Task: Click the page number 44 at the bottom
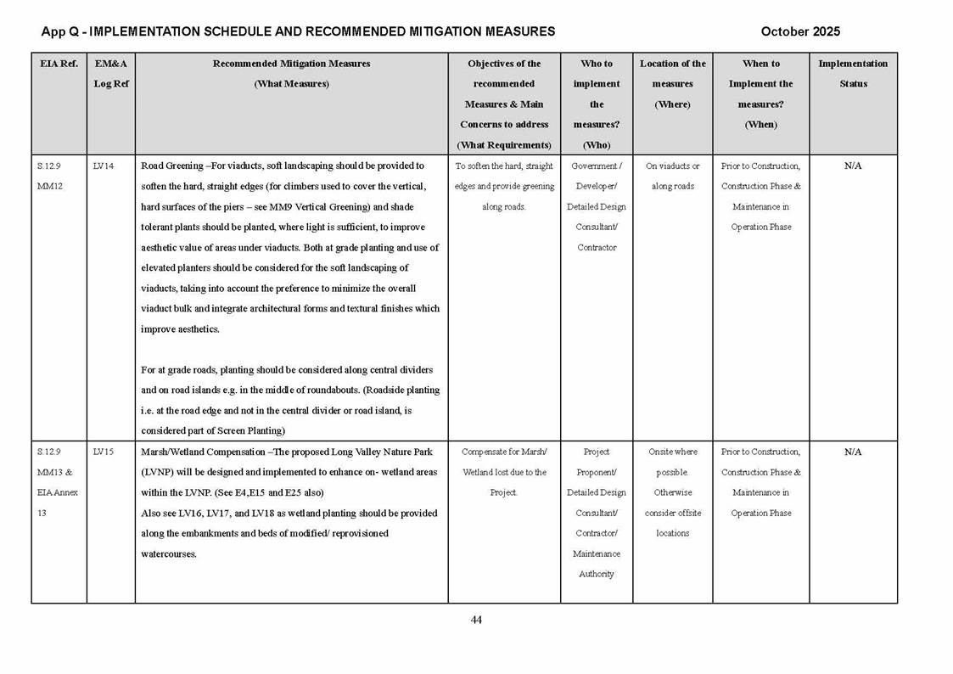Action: pos(476,620)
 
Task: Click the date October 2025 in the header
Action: pos(800,31)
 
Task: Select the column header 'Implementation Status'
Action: pos(853,74)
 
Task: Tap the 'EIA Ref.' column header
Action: pos(59,64)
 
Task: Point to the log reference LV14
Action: pos(103,166)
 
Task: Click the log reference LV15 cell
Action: pos(103,452)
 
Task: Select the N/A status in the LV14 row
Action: pos(853,166)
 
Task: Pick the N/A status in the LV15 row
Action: pos(853,452)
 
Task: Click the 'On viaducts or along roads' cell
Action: pos(672,176)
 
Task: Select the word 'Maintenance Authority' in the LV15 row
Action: pos(597,564)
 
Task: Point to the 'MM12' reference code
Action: pos(50,186)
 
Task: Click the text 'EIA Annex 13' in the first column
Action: pos(58,503)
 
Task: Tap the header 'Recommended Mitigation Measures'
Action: pos(291,64)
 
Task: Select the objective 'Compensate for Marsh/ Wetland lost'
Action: pos(504,462)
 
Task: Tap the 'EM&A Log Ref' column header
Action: pos(110,74)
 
